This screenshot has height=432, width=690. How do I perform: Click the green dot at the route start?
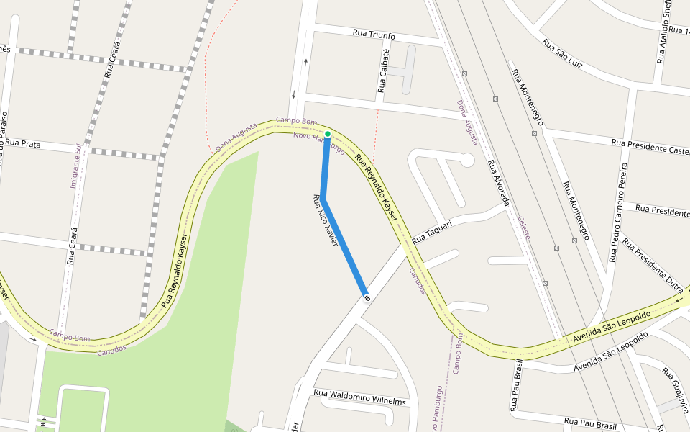(328, 134)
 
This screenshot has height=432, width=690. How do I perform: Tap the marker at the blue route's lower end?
(367, 297)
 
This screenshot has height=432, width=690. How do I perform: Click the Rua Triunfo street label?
(374, 35)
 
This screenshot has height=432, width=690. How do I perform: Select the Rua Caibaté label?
(383, 71)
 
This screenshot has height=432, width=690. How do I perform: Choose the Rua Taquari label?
(433, 232)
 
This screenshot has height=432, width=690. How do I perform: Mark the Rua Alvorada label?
(497, 182)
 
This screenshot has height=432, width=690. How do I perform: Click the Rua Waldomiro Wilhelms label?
(359, 402)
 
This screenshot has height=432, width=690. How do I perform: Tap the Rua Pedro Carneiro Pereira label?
(619, 212)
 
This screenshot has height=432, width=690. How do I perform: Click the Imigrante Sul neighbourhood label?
(75, 166)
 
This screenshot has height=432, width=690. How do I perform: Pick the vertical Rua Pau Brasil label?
(516, 386)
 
